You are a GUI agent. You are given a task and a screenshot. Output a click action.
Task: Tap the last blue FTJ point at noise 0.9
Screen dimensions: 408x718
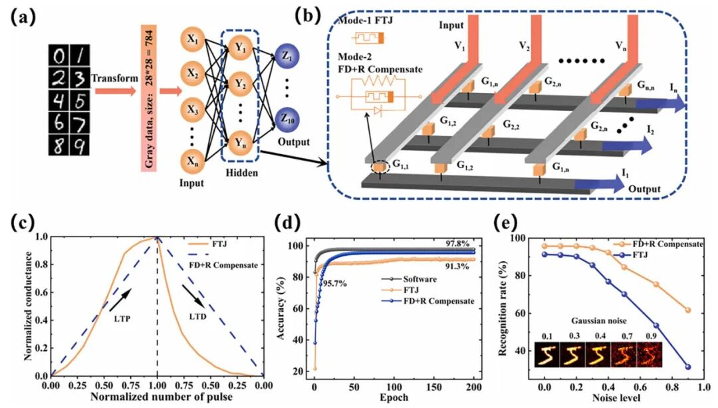[x=687, y=367]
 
